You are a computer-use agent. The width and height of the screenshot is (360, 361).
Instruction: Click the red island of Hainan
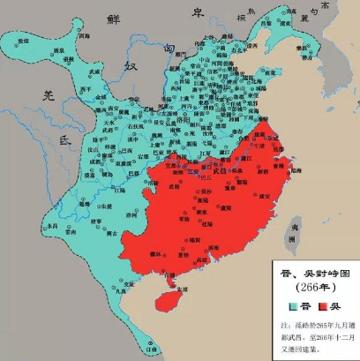168,300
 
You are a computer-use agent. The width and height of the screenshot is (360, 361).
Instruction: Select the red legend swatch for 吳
328,307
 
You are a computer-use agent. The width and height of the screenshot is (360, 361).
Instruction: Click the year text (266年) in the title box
312,289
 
